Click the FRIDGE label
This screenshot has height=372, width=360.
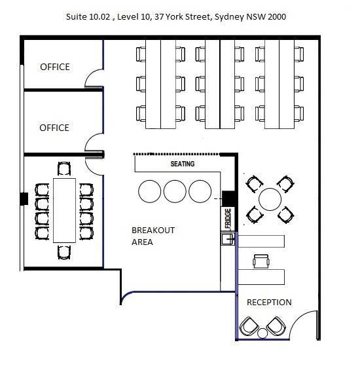(x=228, y=218)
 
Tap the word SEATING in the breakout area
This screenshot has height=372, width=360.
(x=183, y=164)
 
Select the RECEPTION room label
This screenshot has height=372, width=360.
(x=269, y=303)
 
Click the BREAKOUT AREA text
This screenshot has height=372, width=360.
(x=153, y=236)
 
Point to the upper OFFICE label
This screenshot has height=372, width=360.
(x=55, y=67)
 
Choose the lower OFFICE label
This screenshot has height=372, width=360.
(x=54, y=128)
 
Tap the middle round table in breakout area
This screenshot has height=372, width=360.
(x=175, y=191)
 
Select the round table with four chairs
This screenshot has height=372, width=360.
(x=270, y=199)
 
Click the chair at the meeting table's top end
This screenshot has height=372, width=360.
(x=64, y=168)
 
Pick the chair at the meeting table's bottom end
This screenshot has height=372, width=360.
(x=64, y=252)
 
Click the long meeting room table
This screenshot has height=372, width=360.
(x=64, y=210)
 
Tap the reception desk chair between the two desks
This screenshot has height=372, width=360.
(x=261, y=261)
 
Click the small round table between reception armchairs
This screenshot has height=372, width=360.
(x=262, y=333)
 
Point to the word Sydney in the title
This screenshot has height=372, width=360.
(x=229, y=17)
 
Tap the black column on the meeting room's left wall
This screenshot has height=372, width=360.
(x=24, y=198)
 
